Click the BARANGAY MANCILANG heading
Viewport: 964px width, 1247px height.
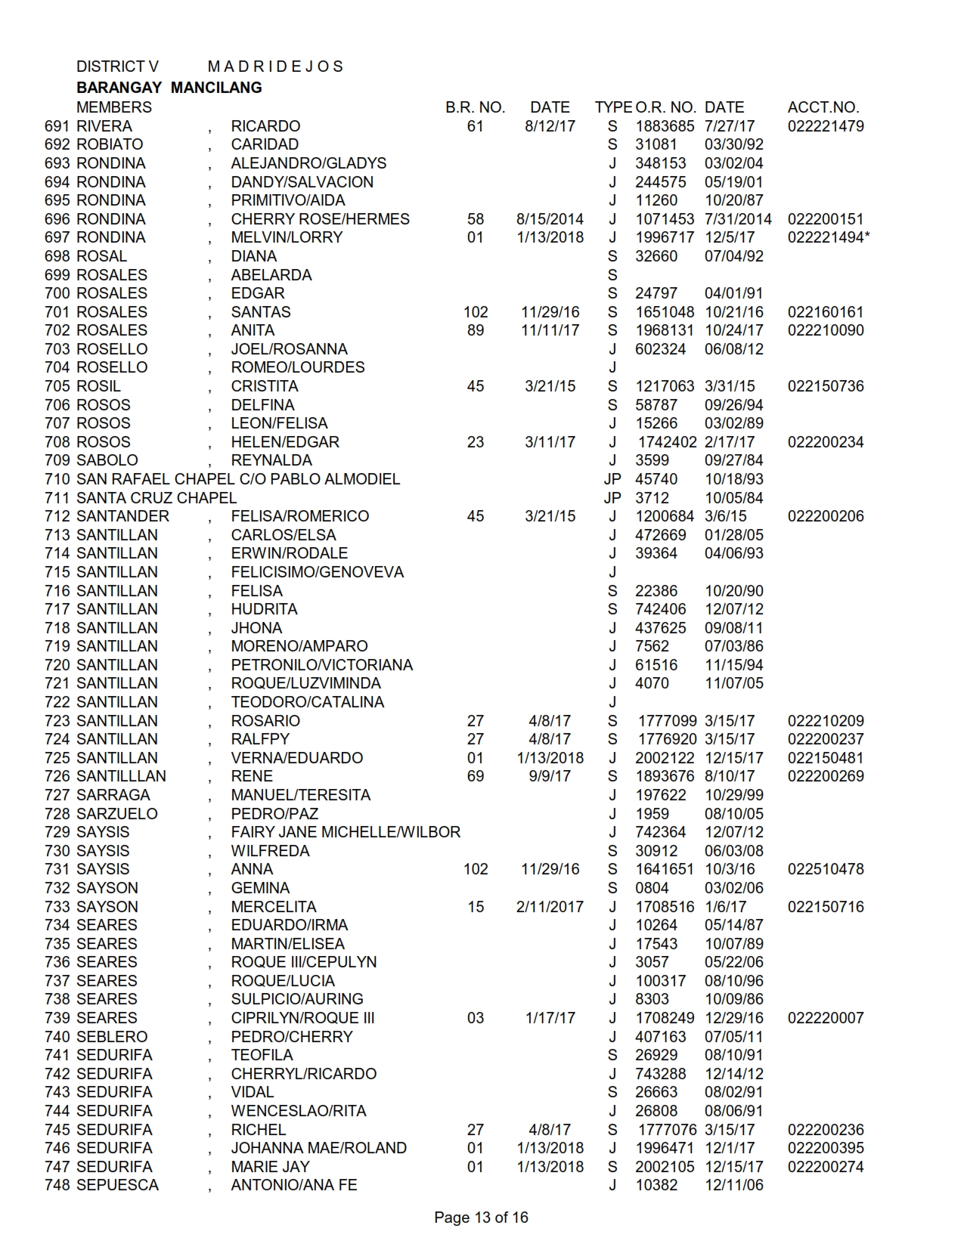[169, 88]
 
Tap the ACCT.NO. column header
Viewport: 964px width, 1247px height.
[823, 107]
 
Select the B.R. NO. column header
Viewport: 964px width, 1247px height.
[475, 107]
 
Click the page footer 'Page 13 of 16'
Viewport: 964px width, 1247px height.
[481, 1218]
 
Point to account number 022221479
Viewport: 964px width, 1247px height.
[826, 126]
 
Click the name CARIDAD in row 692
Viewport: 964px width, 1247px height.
[265, 144]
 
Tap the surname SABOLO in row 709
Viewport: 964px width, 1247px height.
[107, 460]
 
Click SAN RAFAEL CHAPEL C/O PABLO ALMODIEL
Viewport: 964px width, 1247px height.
[238, 479]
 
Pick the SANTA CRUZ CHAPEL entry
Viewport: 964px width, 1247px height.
[157, 498]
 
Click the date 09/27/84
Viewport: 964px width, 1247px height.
[733, 460]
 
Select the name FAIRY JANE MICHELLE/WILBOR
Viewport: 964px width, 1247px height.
[346, 832]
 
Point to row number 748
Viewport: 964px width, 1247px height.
[57, 1185]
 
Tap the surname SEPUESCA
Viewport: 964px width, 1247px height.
[118, 1185]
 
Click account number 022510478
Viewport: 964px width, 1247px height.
[826, 869]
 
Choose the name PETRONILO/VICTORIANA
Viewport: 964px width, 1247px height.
[322, 665]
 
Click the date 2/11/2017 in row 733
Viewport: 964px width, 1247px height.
[550, 907]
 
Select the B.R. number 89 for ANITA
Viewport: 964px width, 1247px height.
[476, 330]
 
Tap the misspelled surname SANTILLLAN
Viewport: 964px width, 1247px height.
[122, 776]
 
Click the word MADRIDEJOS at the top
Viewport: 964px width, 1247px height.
[275, 67]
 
